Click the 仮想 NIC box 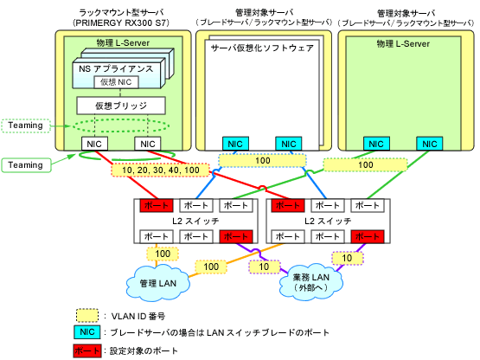116,82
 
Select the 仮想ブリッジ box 121,106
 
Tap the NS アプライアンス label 116,68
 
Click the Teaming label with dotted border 26,125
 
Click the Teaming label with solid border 26,165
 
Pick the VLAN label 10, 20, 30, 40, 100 160,170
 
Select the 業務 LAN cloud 311,282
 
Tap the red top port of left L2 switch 157,205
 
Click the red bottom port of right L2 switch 368,236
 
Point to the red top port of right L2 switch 288,205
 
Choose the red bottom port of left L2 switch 236,236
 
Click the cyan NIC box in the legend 87,332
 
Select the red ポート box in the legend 87,350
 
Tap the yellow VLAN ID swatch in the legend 87,316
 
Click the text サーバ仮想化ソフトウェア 262,48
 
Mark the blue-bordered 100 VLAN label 262,161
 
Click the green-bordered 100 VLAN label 366,164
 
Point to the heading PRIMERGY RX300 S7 121,23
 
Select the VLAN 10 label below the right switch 348,258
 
